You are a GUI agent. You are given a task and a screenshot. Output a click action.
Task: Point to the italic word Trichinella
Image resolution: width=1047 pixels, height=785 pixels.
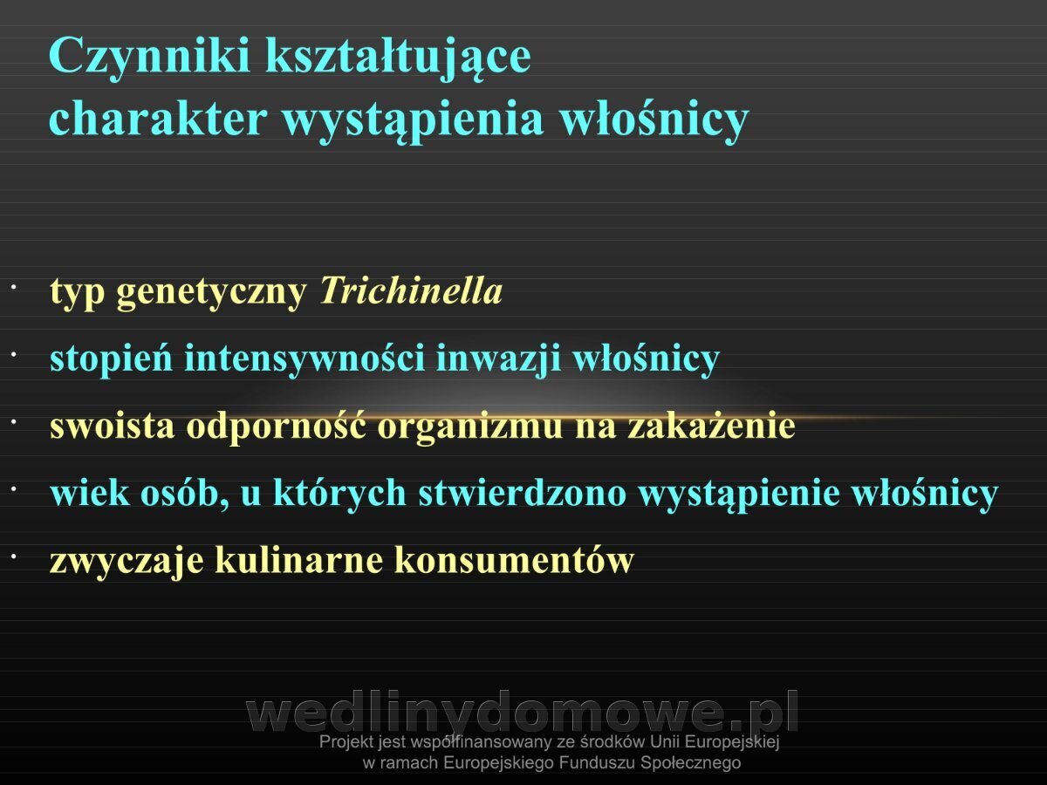pyautogui.click(x=411, y=290)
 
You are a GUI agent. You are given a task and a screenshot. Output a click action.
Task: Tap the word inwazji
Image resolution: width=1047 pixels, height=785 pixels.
pyautogui.click(x=498, y=358)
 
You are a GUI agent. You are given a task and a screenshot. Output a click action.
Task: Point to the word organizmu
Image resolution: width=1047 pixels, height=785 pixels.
pyautogui.click(x=470, y=427)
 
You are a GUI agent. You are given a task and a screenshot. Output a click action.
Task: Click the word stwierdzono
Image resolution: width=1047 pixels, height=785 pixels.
pyautogui.click(x=523, y=493)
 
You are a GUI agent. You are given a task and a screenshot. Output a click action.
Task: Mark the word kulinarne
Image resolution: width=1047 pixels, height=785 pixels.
pyautogui.click(x=299, y=560)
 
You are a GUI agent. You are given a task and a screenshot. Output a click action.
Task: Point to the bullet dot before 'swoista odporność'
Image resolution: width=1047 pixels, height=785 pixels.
pyautogui.click(x=14, y=422)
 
